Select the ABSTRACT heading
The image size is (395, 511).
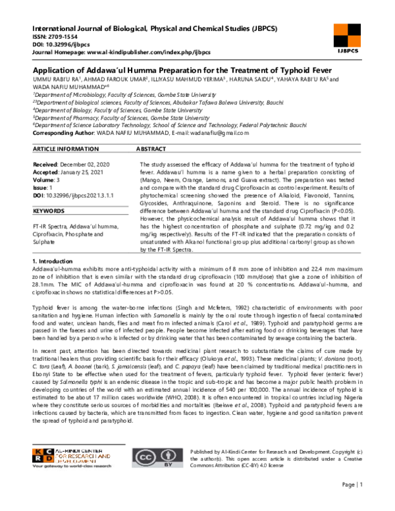tap(151, 150)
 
